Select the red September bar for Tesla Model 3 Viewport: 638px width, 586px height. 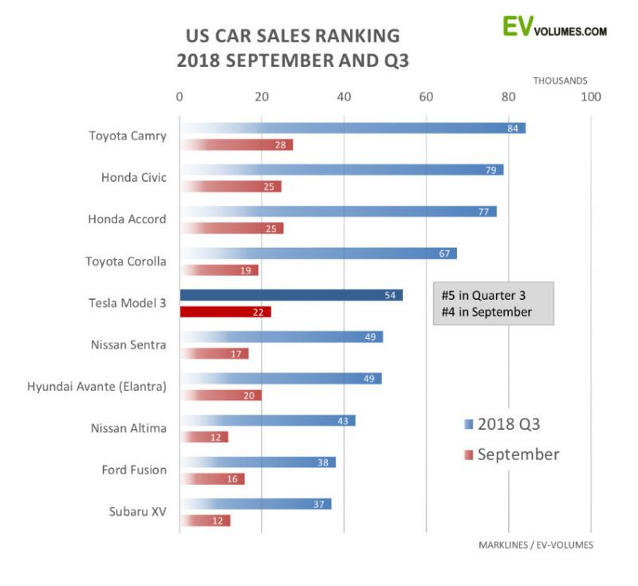pyautogui.click(x=226, y=312)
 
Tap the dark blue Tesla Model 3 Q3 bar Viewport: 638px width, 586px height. pyautogui.click(x=291, y=295)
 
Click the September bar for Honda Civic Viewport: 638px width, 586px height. pyautogui.click(x=230, y=187)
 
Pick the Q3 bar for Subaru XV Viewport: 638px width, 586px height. pyautogui.click(x=255, y=504)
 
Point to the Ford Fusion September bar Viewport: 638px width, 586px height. pyautogui.click(x=212, y=479)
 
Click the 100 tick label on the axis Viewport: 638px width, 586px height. pyautogui.click(x=590, y=97)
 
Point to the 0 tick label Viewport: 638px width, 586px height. pyautogui.click(x=179, y=97)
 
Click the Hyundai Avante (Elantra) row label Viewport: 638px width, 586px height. pyautogui.click(x=96, y=387)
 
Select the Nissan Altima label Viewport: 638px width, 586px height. pyautogui.click(x=128, y=428)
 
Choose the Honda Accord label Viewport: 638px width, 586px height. pyautogui.click(x=127, y=218)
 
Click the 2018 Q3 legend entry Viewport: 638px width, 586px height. pyautogui.click(x=506, y=423)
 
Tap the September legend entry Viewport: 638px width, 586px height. pyautogui.click(x=511, y=454)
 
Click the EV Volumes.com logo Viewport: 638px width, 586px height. pyautogui.click(x=554, y=26)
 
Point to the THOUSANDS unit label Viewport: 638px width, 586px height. pyautogui.click(x=561, y=81)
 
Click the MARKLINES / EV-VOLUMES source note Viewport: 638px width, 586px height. pyautogui.click(x=536, y=545)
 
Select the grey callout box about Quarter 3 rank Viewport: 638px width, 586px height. pyautogui.click(x=493, y=303)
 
